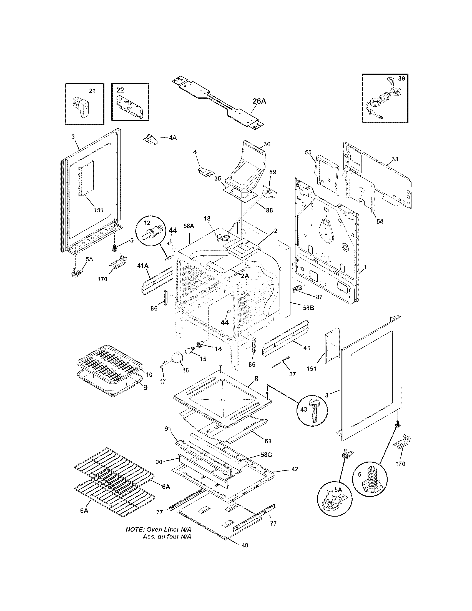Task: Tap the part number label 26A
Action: (259, 101)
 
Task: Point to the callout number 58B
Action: (308, 308)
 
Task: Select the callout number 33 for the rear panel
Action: (395, 159)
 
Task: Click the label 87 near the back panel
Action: (319, 297)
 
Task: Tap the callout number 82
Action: (268, 441)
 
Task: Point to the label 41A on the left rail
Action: (143, 266)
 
